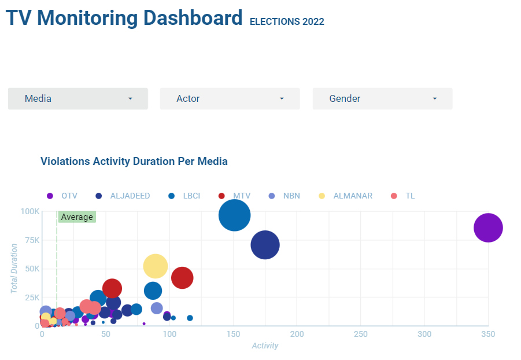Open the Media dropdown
(x=77, y=99)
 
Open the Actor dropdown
(x=230, y=99)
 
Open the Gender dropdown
(x=382, y=99)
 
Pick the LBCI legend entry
(x=184, y=196)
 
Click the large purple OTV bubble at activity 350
(x=488, y=228)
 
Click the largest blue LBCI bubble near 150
(x=234, y=215)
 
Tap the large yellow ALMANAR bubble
(x=155, y=266)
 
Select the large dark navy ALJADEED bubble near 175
(x=265, y=245)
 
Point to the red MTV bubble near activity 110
(x=182, y=278)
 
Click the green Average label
(x=77, y=217)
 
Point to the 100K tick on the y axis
(x=29, y=212)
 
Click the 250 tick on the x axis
(x=361, y=335)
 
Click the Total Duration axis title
(x=14, y=268)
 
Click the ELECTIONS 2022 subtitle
(x=287, y=22)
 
